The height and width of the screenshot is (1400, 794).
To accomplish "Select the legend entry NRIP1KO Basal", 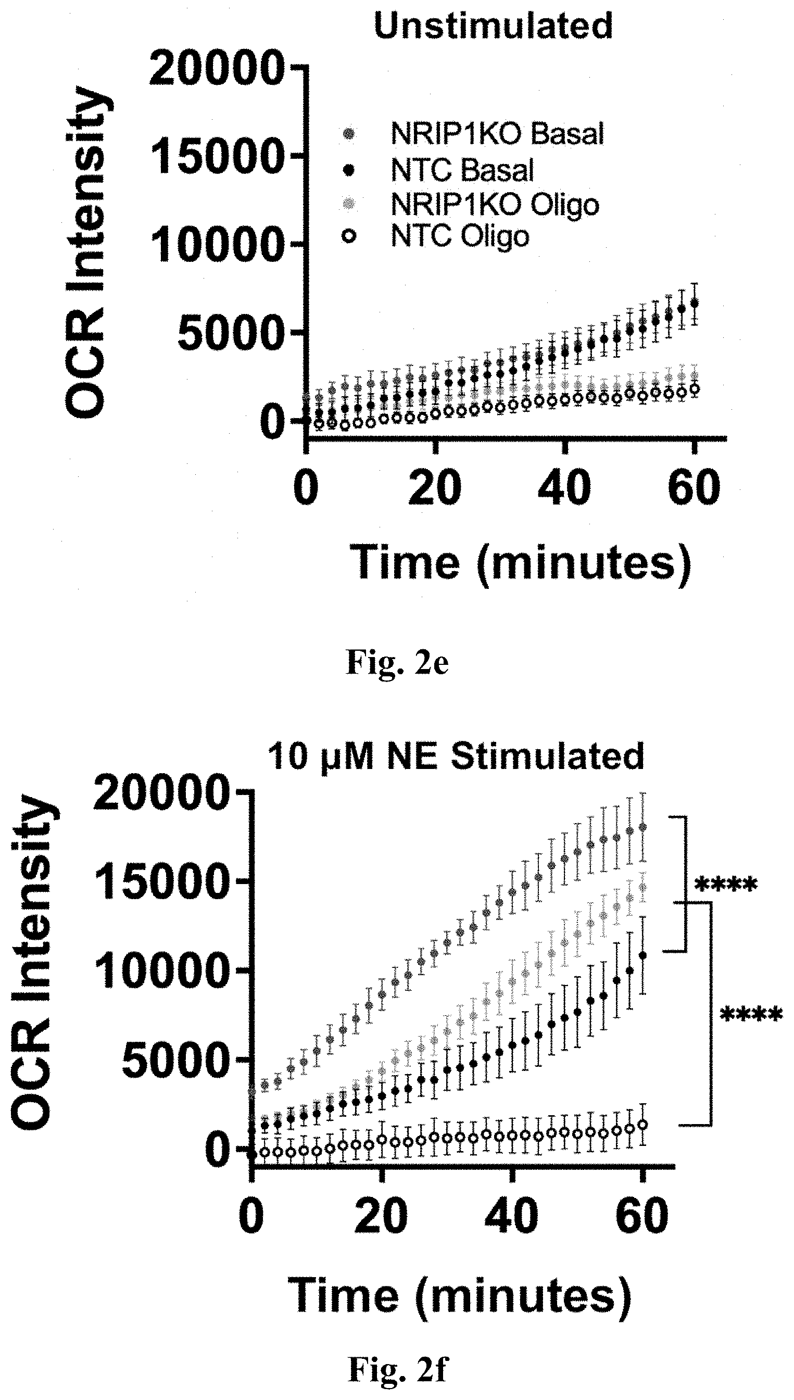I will pos(497,134).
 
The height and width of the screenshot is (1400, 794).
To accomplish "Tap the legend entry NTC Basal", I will pos(462,170).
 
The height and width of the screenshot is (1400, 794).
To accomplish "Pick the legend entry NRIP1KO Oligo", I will pos(495,205).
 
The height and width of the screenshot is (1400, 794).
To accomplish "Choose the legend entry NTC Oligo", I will pos(460,236).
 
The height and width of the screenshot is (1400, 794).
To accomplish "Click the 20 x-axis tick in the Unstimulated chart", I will pos(435,487).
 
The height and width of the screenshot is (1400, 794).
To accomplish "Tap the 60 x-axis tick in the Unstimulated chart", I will pos(694,487).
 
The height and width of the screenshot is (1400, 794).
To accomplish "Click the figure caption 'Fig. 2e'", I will pos(397,663).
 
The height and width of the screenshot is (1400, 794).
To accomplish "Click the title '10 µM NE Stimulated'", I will pos(456,758).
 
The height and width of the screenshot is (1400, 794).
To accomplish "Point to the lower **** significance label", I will pos(751,1015).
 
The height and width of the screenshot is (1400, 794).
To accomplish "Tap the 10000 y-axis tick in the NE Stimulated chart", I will pos(160,971).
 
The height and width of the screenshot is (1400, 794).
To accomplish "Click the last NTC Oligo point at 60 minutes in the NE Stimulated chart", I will pos(643,1124).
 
